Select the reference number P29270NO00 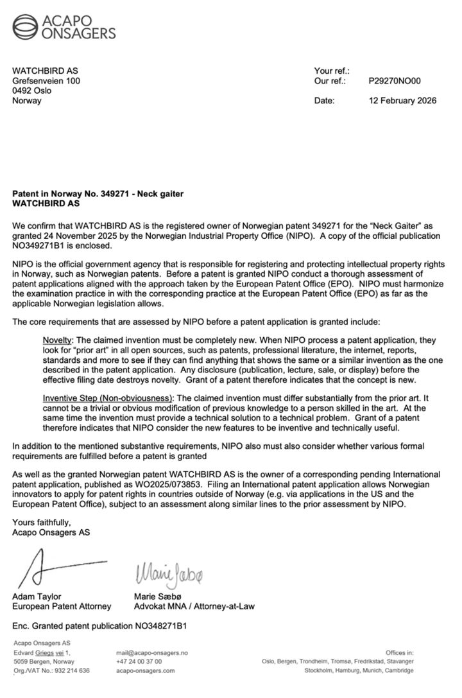(x=395, y=81)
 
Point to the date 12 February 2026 (x=402, y=101)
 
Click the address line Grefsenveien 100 (x=47, y=81)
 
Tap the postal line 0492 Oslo (x=33, y=91)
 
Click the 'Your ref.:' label (x=330, y=71)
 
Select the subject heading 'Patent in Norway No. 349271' (x=82, y=193)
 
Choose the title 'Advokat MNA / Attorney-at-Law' (x=196, y=606)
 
